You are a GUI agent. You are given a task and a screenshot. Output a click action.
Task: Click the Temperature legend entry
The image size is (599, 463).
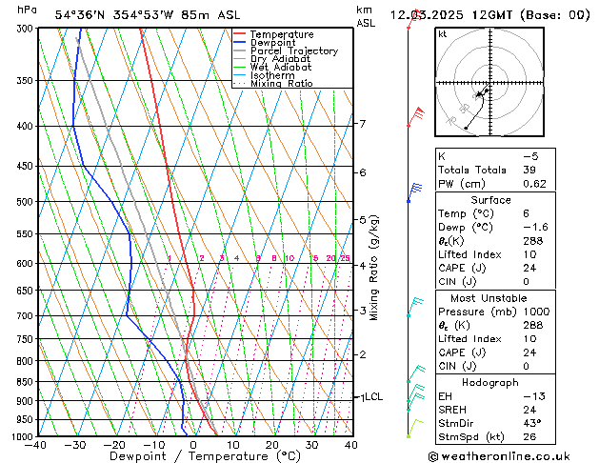click(x=280, y=34)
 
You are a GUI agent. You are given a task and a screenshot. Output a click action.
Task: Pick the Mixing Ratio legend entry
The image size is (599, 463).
click(x=281, y=84)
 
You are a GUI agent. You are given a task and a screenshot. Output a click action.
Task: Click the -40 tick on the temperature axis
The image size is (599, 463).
click(x=36, y=445)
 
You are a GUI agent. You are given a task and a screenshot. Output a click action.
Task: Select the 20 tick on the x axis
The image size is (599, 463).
click(x=271, y=445)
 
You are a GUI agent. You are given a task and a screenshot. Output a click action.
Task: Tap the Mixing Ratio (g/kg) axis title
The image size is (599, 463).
click(x=374, y=268)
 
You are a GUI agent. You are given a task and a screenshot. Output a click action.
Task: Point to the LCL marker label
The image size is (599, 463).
click(x=373, y=397)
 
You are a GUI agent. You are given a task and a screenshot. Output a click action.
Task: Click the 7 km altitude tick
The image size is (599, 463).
click(x=362, y=124)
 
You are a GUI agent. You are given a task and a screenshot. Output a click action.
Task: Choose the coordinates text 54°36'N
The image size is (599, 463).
click(x=80, y=15)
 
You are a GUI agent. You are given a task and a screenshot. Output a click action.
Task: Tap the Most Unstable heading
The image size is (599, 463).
click(x=490, y=298)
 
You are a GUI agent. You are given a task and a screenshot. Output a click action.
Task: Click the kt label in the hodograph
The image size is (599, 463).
click(x=443, y=33)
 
